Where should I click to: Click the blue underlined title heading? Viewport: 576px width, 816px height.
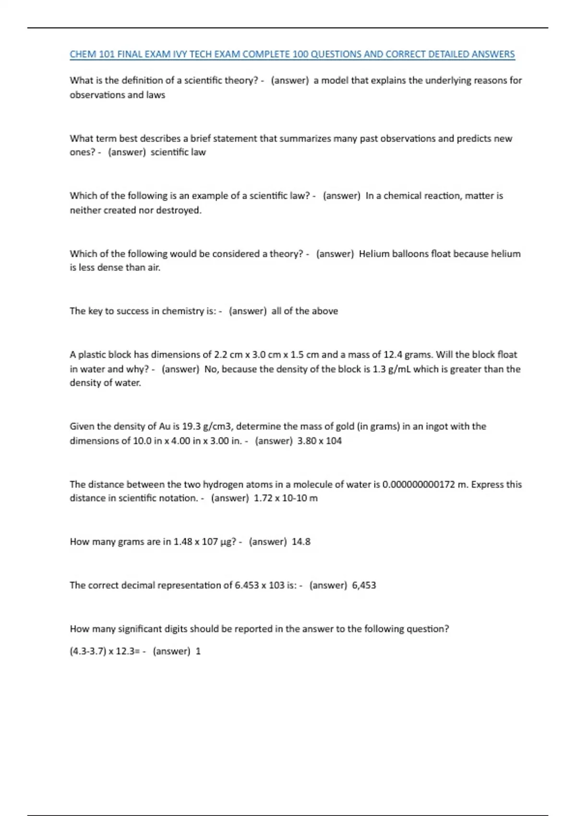[292, 54]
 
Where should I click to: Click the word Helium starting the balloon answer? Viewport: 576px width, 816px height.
[373, 253]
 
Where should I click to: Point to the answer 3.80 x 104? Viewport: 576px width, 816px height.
[319, 441]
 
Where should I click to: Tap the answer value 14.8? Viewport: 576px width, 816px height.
[301, 541]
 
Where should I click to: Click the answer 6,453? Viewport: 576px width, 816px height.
[364, 585]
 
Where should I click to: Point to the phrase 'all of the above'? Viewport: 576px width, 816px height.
[304, 311]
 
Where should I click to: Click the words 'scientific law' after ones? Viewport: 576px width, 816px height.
[178, 152]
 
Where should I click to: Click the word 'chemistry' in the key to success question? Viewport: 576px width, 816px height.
[183, 311]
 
